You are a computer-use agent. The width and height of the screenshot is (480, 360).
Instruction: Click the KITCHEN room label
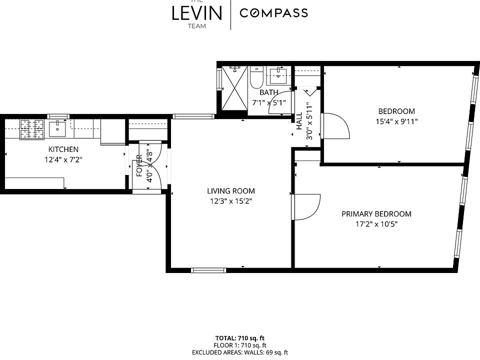click(x=63, y=149)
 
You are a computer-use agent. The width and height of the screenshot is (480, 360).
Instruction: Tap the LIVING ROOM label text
click(x=231, y=191)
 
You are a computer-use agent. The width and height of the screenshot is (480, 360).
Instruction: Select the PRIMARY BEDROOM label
click(x=376, y=214)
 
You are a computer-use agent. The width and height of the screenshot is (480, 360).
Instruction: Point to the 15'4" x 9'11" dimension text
click(x=396, y=121)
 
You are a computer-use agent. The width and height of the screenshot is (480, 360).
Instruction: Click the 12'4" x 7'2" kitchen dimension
click(x=63, y=159)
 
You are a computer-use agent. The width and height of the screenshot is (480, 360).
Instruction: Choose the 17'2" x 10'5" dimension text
click(x=376, y=224)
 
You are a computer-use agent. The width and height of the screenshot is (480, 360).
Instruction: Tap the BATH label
click(x=269, y=92)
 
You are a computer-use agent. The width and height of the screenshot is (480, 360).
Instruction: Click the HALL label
click(x=299, y=121)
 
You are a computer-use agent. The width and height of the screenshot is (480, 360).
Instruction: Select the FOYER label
click(x=139, y=165)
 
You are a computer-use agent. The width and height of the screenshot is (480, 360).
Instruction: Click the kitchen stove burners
click(x=32, y=128)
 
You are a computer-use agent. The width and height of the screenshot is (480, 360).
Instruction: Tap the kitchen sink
click(x=57, y=128)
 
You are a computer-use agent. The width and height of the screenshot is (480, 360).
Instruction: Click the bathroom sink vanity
click(x=278, y=75)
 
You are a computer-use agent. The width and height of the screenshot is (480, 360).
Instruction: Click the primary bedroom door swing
click(x=306, y=207)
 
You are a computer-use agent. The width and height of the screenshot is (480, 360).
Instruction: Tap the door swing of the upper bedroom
click(x=335, y=126)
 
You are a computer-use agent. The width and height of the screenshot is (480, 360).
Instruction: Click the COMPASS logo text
click(x=273, y=13)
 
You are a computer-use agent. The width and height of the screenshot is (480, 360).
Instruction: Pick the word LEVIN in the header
click(x=197, y=13)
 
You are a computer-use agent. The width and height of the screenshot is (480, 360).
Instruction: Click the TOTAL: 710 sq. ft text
click(x=240, y=338)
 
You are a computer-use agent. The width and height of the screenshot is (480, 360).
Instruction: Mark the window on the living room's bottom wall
click(x=208, y=270)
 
